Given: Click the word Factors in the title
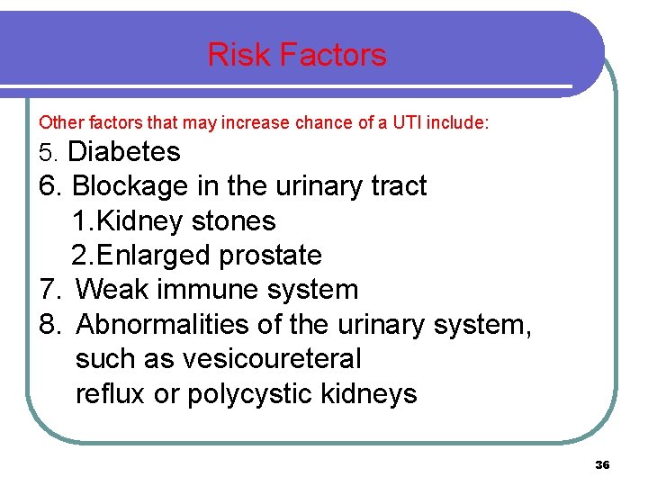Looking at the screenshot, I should click(x=333, y=55).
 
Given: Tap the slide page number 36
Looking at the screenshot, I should click(x=602, y=464).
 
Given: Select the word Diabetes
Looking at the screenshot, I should click(x=124, y=152).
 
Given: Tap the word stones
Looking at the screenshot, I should click(x=235, y=220).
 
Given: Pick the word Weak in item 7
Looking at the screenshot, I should click(x=110, y=290).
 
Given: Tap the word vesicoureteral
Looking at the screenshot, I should click(x=271, y=359).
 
